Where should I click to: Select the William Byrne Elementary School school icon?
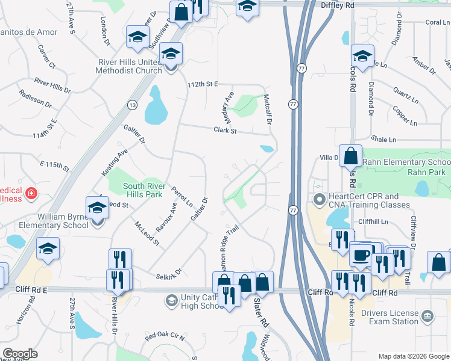(x=96, y=208)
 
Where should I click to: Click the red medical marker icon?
(x=30, y=194)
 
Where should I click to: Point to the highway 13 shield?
(x=131, y=105)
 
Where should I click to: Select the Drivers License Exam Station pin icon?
(x=427, y=315)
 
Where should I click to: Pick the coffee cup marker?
(x=361, y=255)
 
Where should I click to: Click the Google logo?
(x=20, y=354)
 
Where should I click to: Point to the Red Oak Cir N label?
(x=165, y=335)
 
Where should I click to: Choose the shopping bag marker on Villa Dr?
(x=350, y=156)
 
